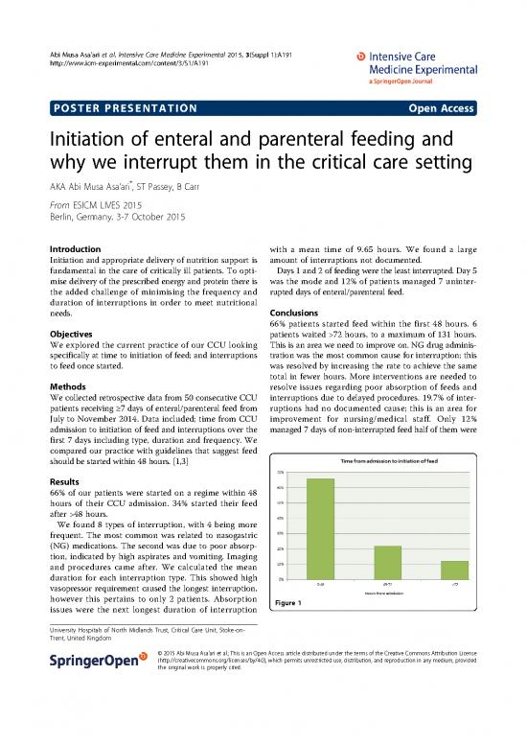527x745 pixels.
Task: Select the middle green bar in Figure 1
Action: click(x=387, y=561)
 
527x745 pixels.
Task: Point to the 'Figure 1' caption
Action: click(x=289, y=602)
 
